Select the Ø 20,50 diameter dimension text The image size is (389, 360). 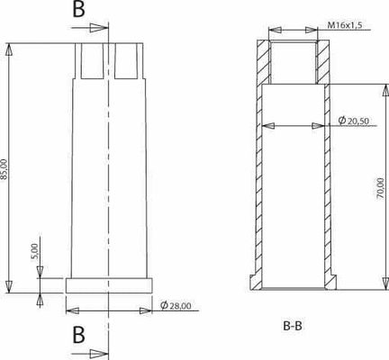pos(353,121)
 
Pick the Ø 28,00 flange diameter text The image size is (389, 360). pos(175,308)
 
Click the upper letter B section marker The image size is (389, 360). pos(78,11)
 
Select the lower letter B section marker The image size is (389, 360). pos(78,335)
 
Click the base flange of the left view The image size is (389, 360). pos(108,284)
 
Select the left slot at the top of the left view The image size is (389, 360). pos(91,58)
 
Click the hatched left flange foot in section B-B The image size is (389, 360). pos(254,282)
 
